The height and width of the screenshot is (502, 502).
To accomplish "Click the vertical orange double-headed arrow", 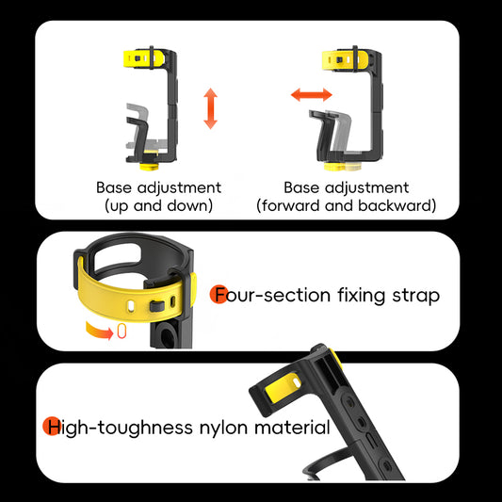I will coord(210,109).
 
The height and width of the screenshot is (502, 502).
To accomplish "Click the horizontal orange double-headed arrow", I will coord(311,95).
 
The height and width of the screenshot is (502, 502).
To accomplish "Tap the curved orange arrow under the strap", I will coord(97,330).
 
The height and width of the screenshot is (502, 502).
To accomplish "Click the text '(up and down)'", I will coord(158,204).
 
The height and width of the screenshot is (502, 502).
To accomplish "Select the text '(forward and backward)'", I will coord(347,204).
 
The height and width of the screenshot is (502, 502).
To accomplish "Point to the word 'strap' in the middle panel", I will coord(417,296).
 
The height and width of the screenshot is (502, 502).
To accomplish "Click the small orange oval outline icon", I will coord(121,332).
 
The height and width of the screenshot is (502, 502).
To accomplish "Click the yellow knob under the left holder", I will coord(150,155).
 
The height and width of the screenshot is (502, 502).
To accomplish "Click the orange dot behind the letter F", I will coord(219,294).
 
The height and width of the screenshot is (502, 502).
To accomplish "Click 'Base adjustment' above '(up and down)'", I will coord(158,187).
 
